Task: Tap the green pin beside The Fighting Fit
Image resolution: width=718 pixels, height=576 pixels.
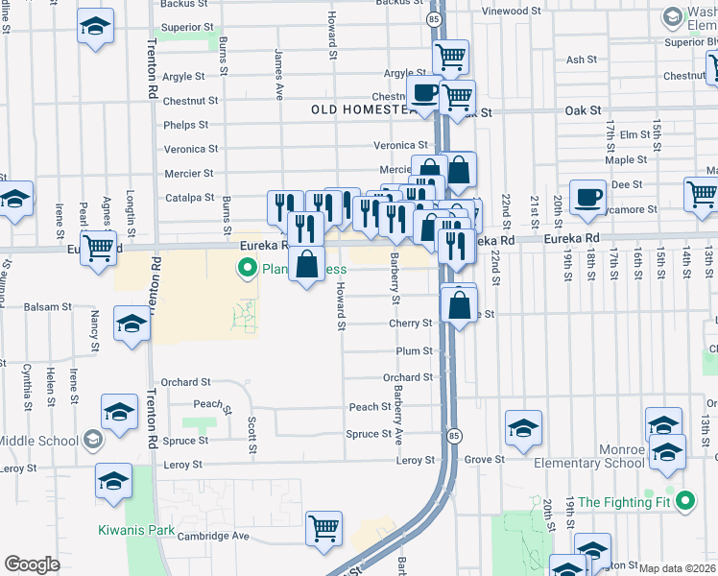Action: tap(683, 501)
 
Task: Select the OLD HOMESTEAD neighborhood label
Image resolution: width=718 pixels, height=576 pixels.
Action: tap(365, 109)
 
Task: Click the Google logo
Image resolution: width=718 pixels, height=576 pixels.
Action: tap(31, 564)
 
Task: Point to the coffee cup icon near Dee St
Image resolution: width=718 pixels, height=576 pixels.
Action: tap(587, 198)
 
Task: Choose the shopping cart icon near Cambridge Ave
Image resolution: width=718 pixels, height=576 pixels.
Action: tap(324, 528)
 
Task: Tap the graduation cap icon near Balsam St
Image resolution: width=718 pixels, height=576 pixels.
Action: tap(132, 323)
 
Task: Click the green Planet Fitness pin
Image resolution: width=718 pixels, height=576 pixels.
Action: tap(248, 269)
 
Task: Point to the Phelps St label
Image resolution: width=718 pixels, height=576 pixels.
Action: tap(186, 125)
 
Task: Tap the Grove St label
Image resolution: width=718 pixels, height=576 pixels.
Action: tap(478, 461)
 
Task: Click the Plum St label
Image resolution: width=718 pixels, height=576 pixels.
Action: tap(414, 351)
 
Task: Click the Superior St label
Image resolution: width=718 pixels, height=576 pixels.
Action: tap(186, 27)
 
